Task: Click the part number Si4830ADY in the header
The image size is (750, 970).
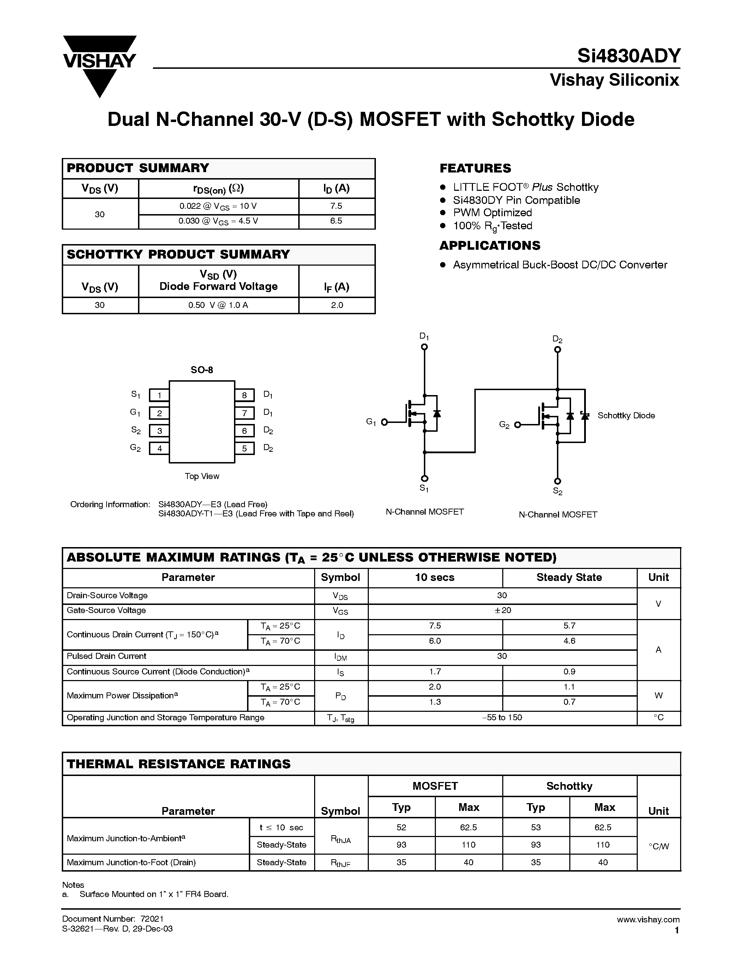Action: [x=628, y=56]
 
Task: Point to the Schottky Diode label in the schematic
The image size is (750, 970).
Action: [x=626, y=416]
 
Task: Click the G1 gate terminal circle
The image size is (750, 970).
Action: [x=385, y=422]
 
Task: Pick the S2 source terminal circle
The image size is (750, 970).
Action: [x=558, y=481]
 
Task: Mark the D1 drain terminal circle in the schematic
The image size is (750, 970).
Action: [x=424, y=347]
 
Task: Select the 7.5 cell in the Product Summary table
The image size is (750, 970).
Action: [x=336, y=206]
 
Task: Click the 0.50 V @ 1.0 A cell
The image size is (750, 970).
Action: [x=218, y=305]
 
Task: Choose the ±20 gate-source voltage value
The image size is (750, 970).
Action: [x=502, y=611]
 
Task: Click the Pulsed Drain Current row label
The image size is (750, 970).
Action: [x=107, y=656]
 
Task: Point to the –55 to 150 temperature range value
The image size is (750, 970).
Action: [x=502, y=717]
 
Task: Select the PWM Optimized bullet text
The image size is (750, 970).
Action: [x=492, y=213]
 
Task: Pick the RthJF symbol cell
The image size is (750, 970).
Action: [x=341, y=863]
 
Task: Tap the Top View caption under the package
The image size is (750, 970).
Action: [x=202, y=476]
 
